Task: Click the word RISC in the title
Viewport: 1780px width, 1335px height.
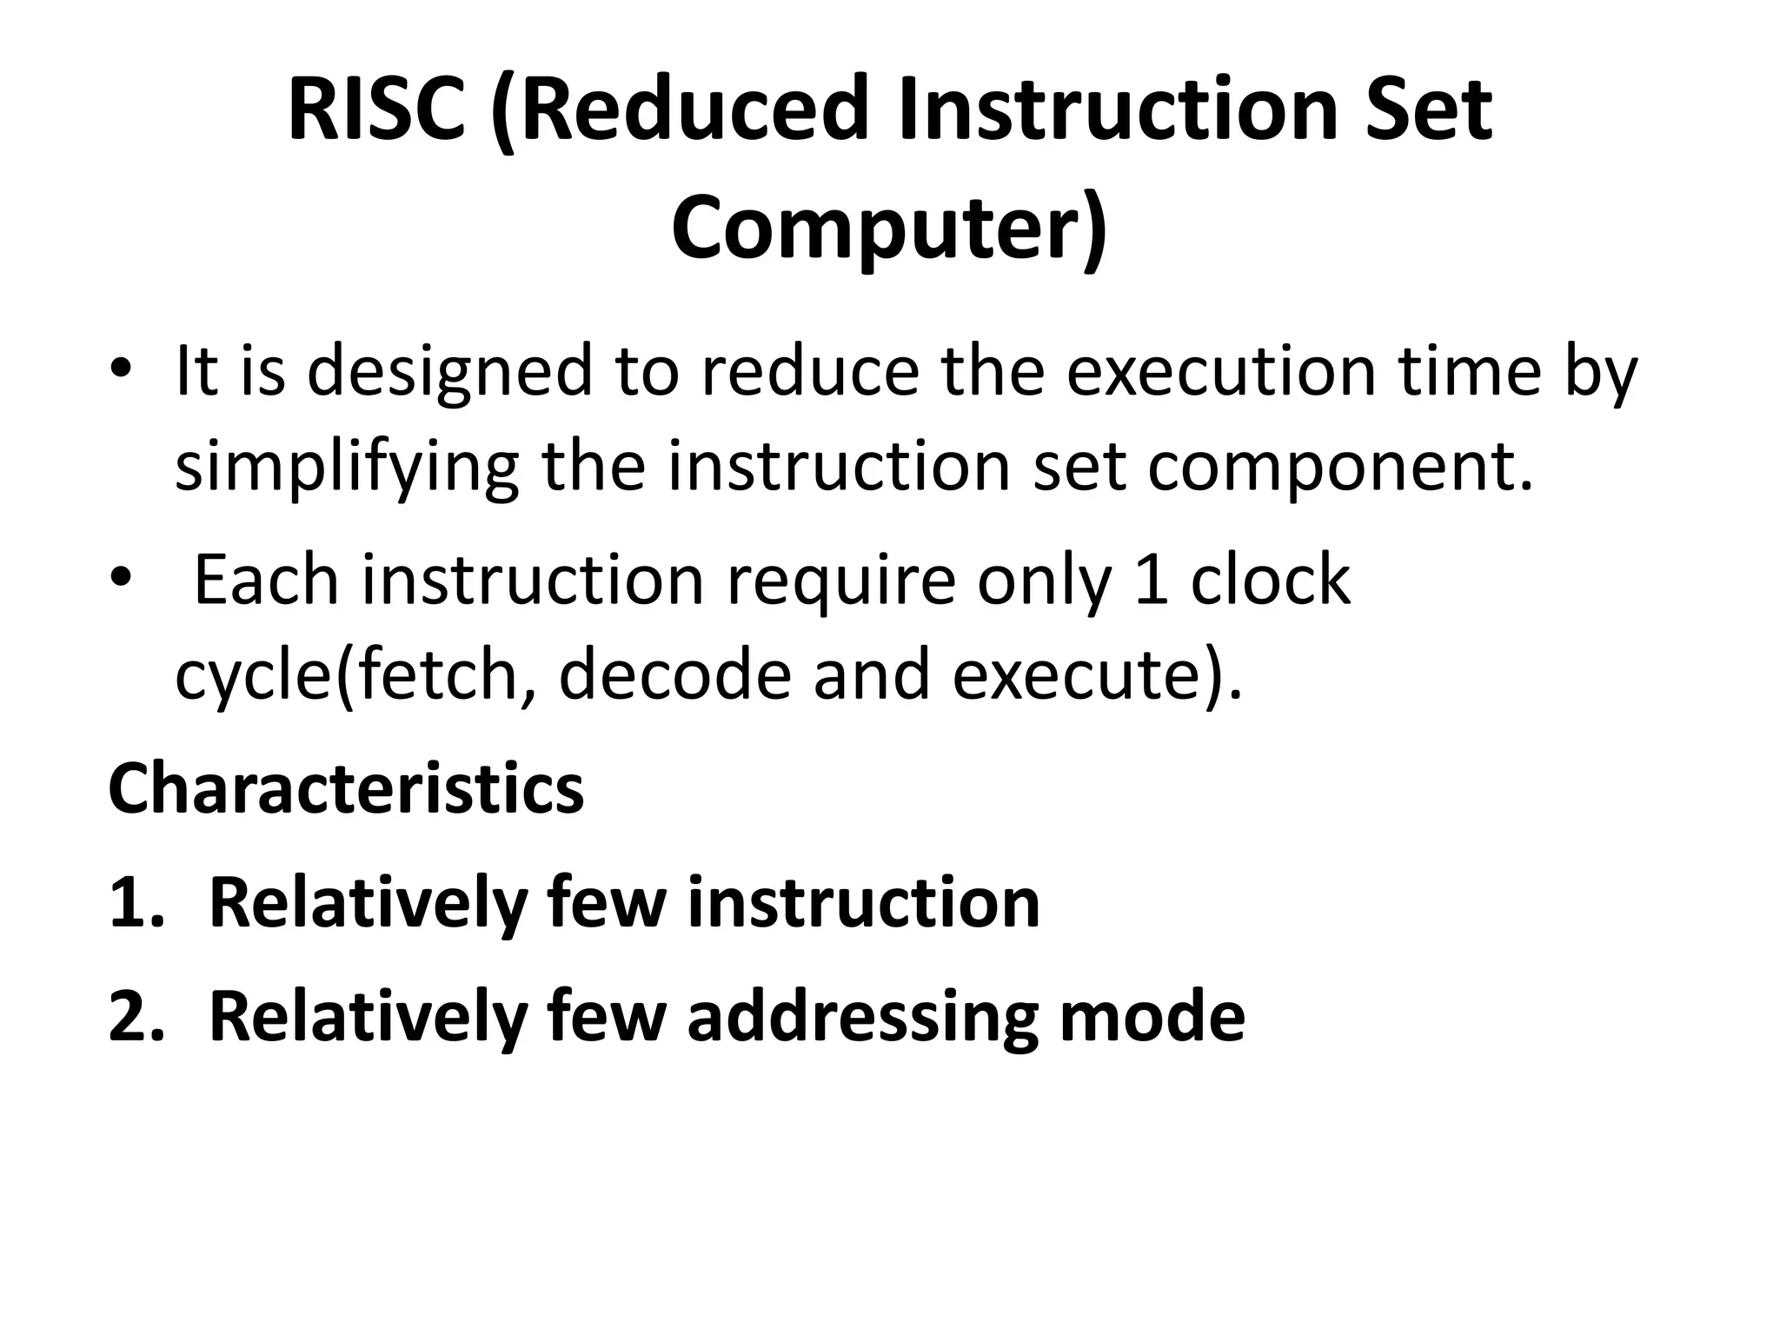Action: [376, 110]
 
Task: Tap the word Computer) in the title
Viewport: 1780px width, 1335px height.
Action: [889, 229]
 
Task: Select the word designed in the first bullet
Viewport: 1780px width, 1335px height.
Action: [448, 371]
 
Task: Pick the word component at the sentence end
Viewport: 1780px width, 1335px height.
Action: [1339, 467]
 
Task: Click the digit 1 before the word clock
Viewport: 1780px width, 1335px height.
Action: [1151, 581]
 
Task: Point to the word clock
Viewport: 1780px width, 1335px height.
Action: [1271, 581]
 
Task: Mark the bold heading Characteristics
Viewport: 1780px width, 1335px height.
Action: [346, 788]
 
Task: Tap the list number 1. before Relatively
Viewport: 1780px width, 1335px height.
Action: [136, 903]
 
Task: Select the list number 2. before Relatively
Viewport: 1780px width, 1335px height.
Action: [136, 1016]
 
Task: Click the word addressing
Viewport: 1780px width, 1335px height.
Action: [863, 1016]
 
